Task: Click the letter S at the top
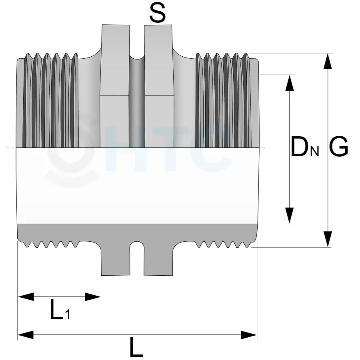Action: click(158, 13)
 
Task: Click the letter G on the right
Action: click(338, 147)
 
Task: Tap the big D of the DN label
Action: click(300, 147)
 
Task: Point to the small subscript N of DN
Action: click(315, 152)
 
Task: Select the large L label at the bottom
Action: click(136, 346)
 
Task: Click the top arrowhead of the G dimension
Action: click(328, 61)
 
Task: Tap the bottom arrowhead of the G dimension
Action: click(328, 239)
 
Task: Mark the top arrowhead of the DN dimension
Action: click(290, 82)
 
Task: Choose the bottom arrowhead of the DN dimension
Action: click(290, 215)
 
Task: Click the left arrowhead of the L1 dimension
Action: click(26, 296)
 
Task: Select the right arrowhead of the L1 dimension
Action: click(93, 296)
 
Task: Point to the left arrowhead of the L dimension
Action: click(26, 335)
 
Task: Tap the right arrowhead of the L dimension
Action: click(249, 335)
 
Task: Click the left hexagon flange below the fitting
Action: click(116, 258)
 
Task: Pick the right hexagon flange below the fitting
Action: click(158, 258)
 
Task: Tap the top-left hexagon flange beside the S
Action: click(115, 86)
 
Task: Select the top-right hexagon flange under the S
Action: click(159, 86)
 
